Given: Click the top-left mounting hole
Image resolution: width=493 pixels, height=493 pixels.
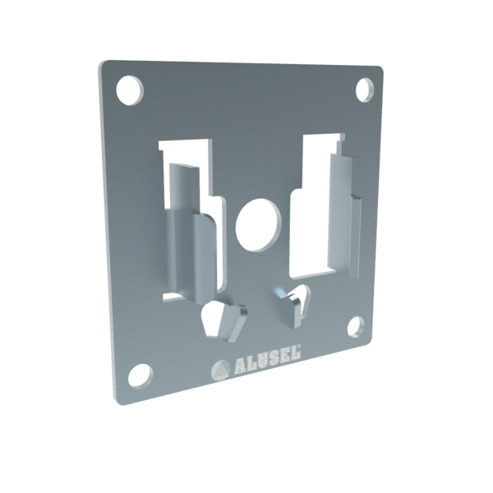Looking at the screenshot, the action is point(130,90).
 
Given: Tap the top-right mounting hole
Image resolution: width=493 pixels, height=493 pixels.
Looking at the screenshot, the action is point(365,90).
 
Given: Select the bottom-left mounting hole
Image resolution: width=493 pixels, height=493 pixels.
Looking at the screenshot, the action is point(141,377).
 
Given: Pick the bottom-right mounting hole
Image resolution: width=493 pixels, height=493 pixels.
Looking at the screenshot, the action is point(356,327).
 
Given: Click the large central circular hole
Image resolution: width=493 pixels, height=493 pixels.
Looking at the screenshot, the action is point(258,225).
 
